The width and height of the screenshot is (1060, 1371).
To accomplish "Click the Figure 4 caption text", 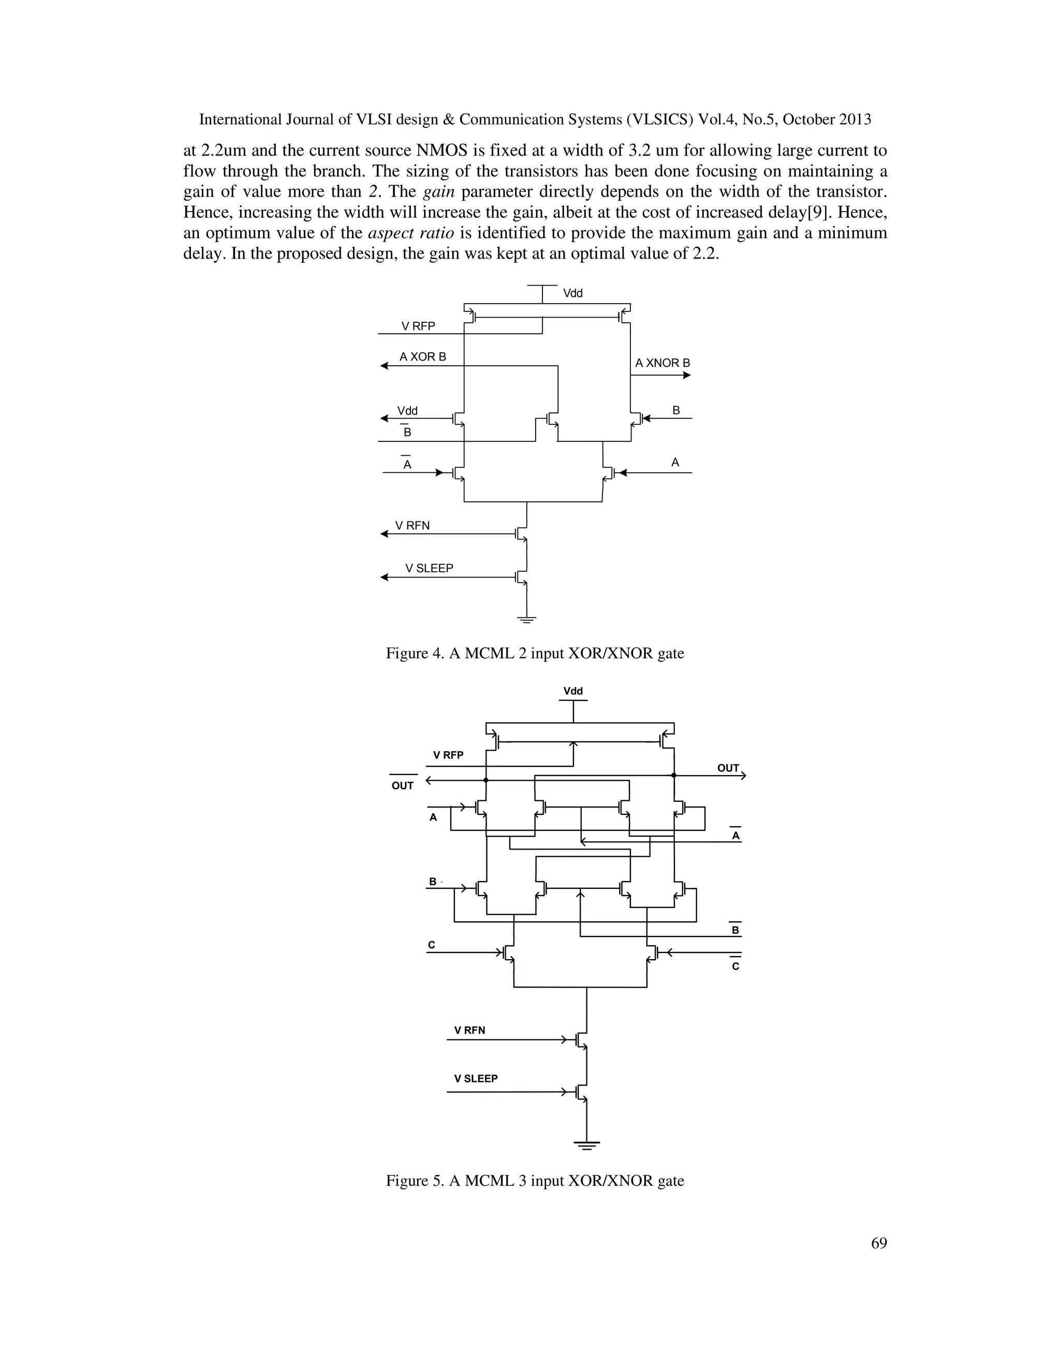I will pos(534,653).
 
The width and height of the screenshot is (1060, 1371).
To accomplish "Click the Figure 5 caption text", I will pos(534,1181).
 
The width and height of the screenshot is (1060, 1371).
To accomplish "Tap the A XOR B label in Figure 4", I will pos(423,356).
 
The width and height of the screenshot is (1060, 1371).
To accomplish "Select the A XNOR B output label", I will pos(662,363).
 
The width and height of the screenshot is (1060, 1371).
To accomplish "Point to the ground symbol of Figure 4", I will pos(526,620).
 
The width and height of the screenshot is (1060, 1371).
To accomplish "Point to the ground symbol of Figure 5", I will pos(586,1145).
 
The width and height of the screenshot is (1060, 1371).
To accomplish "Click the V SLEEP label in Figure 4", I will pos(429,568).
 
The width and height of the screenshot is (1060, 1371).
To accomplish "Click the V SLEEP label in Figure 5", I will pos(475,1079).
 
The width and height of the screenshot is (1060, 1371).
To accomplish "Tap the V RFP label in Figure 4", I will pos(418,326).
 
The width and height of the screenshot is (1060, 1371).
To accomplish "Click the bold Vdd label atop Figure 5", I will pos(573,691).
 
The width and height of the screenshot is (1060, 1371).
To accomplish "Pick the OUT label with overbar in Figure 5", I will pos(403,785).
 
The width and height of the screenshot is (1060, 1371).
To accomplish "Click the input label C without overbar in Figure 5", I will pos(432,945).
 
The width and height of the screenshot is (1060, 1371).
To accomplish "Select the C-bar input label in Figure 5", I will pos(735,966).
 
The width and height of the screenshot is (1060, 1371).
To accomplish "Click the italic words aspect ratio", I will pos(410,233).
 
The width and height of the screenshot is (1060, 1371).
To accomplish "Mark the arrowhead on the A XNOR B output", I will pos(686,376).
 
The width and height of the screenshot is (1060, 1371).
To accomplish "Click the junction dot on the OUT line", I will pos(674,776).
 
